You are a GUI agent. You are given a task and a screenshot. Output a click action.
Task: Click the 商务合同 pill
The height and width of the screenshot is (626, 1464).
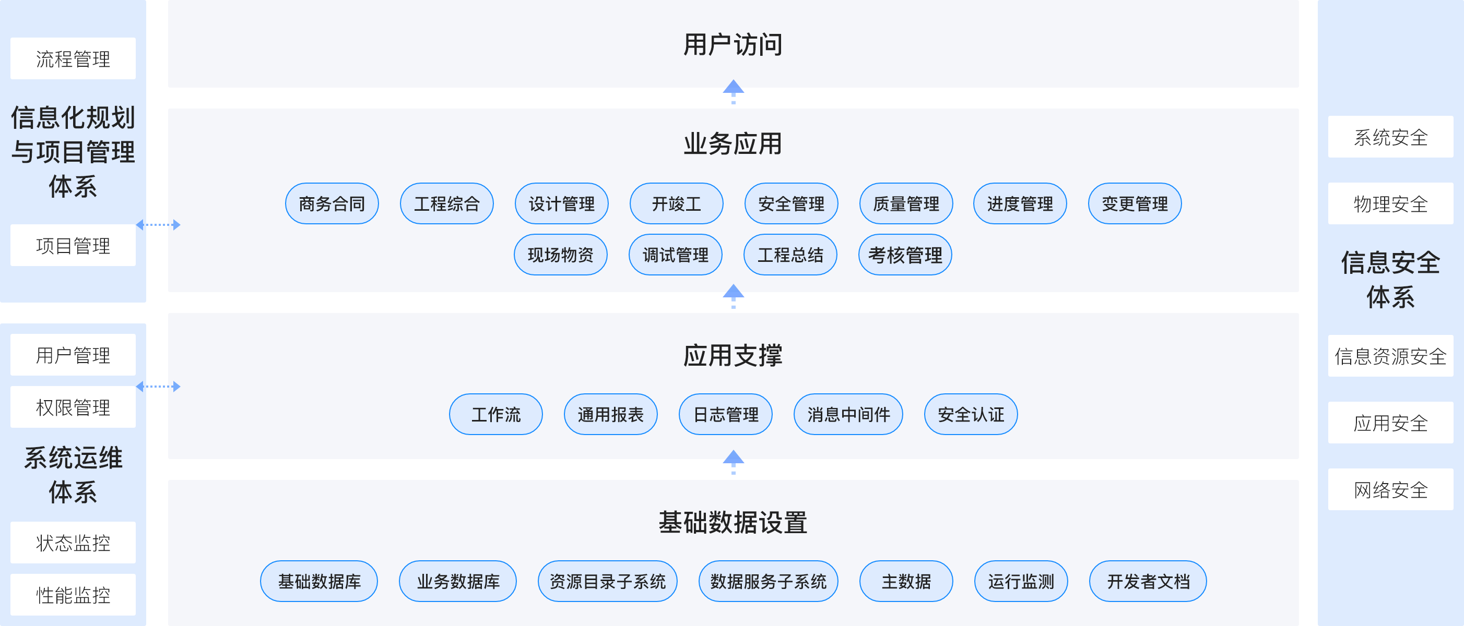(332, 204)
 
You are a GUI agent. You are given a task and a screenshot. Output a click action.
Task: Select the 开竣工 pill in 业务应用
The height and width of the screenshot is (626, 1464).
(676, 204)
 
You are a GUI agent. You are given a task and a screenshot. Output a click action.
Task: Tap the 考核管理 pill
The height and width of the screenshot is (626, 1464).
(905, 255)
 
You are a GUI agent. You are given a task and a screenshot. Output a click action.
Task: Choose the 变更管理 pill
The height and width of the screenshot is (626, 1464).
(1135, 204)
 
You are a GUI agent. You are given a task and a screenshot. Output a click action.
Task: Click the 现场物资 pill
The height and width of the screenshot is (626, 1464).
(560, 255)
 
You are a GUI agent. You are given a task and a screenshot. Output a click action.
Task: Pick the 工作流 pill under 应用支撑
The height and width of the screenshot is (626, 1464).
(495, 415)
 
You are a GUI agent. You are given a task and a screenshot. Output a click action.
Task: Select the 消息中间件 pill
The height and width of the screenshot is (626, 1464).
(848, 415)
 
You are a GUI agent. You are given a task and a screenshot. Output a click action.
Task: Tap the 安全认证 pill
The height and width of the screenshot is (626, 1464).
(971, 415)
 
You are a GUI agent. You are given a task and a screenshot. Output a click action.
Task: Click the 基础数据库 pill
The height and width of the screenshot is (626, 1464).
(319, 581)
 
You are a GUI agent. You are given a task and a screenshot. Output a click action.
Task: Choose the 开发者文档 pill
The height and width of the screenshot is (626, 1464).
(1148, 581)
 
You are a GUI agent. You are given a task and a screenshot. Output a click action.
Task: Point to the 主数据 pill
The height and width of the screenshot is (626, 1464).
(906, 581)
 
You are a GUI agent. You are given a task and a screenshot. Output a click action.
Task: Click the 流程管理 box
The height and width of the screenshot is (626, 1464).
(73, 58)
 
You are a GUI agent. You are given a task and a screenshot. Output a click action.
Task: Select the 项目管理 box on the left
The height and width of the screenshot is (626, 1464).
(73, 245)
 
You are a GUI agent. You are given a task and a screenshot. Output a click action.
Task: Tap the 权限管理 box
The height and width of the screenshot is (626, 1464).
(73, 407)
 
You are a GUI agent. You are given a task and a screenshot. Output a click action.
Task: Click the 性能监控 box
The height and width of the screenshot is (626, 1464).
(73, 595)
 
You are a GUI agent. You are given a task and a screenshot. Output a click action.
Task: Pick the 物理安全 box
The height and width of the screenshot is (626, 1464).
(1390, 204)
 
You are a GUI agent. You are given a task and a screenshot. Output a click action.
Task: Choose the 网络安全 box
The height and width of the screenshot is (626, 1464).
(1390, 490)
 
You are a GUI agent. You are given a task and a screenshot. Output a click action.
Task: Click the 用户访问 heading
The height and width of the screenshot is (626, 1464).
(733, 44)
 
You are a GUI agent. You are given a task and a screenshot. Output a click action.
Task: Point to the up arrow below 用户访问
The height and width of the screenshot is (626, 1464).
(733, 91)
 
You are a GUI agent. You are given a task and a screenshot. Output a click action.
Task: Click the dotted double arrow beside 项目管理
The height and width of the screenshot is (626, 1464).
(158, 225)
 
